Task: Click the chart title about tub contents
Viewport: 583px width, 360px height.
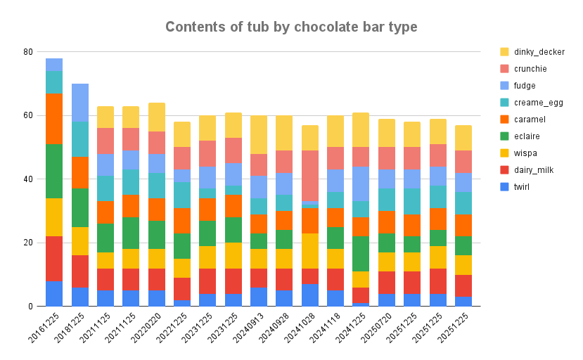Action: click(291, 27)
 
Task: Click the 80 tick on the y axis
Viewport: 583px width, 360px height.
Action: click(28, 52)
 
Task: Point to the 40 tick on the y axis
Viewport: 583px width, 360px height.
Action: click(28, 179)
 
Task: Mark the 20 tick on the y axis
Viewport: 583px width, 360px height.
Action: click(28, 243)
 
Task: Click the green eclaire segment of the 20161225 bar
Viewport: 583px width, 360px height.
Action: click(54, 171)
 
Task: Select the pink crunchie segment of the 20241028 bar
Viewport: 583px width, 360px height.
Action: click(310, 175)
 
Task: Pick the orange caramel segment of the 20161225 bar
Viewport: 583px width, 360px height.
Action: click(54, 119)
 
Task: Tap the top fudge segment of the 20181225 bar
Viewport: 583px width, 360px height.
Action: click(79, 103)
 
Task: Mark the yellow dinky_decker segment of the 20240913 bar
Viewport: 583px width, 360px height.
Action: click(259, 134)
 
